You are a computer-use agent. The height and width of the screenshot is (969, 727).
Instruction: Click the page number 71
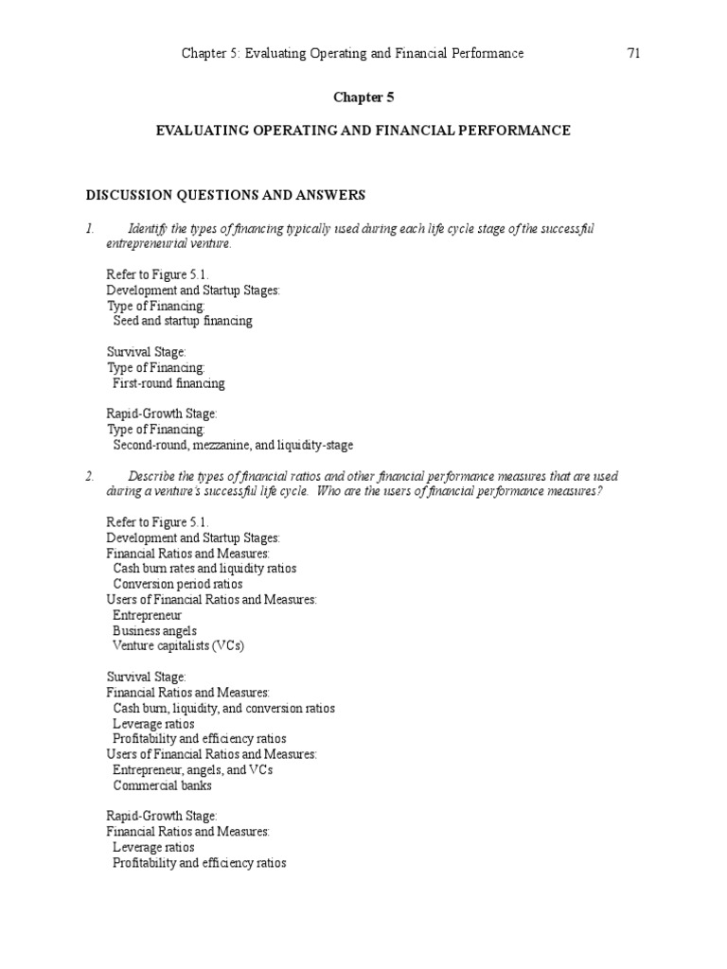[x=634, y=54]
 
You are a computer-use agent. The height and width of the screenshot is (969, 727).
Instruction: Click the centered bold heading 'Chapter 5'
[x=363, y=97]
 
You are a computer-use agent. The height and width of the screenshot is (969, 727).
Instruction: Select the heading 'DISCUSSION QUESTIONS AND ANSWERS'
[x=225, y=195]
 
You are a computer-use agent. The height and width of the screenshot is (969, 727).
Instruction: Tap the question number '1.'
[x=90, y=229]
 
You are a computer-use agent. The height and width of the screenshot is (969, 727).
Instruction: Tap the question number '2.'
[x=90, y=476]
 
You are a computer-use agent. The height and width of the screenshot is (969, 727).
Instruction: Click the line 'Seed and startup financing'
[x=183, y=321]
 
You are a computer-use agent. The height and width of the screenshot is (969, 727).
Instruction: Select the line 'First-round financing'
[x=168, y=383]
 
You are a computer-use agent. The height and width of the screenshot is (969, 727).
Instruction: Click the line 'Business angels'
[x=155, y=630]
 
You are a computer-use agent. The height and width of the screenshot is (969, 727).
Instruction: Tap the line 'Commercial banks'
[x=162, y=785]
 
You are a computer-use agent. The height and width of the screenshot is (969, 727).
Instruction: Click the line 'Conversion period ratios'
[x=177, y=584]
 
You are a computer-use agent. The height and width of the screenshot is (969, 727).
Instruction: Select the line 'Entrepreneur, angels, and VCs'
[x=192, y=769]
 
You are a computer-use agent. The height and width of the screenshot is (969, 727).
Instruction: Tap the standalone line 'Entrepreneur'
[x=147, y=615]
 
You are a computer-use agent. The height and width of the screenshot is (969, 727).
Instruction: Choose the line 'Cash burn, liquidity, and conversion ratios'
[x=223, y=708]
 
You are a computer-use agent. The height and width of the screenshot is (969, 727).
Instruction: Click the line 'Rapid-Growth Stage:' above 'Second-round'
[x=162, y=414]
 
